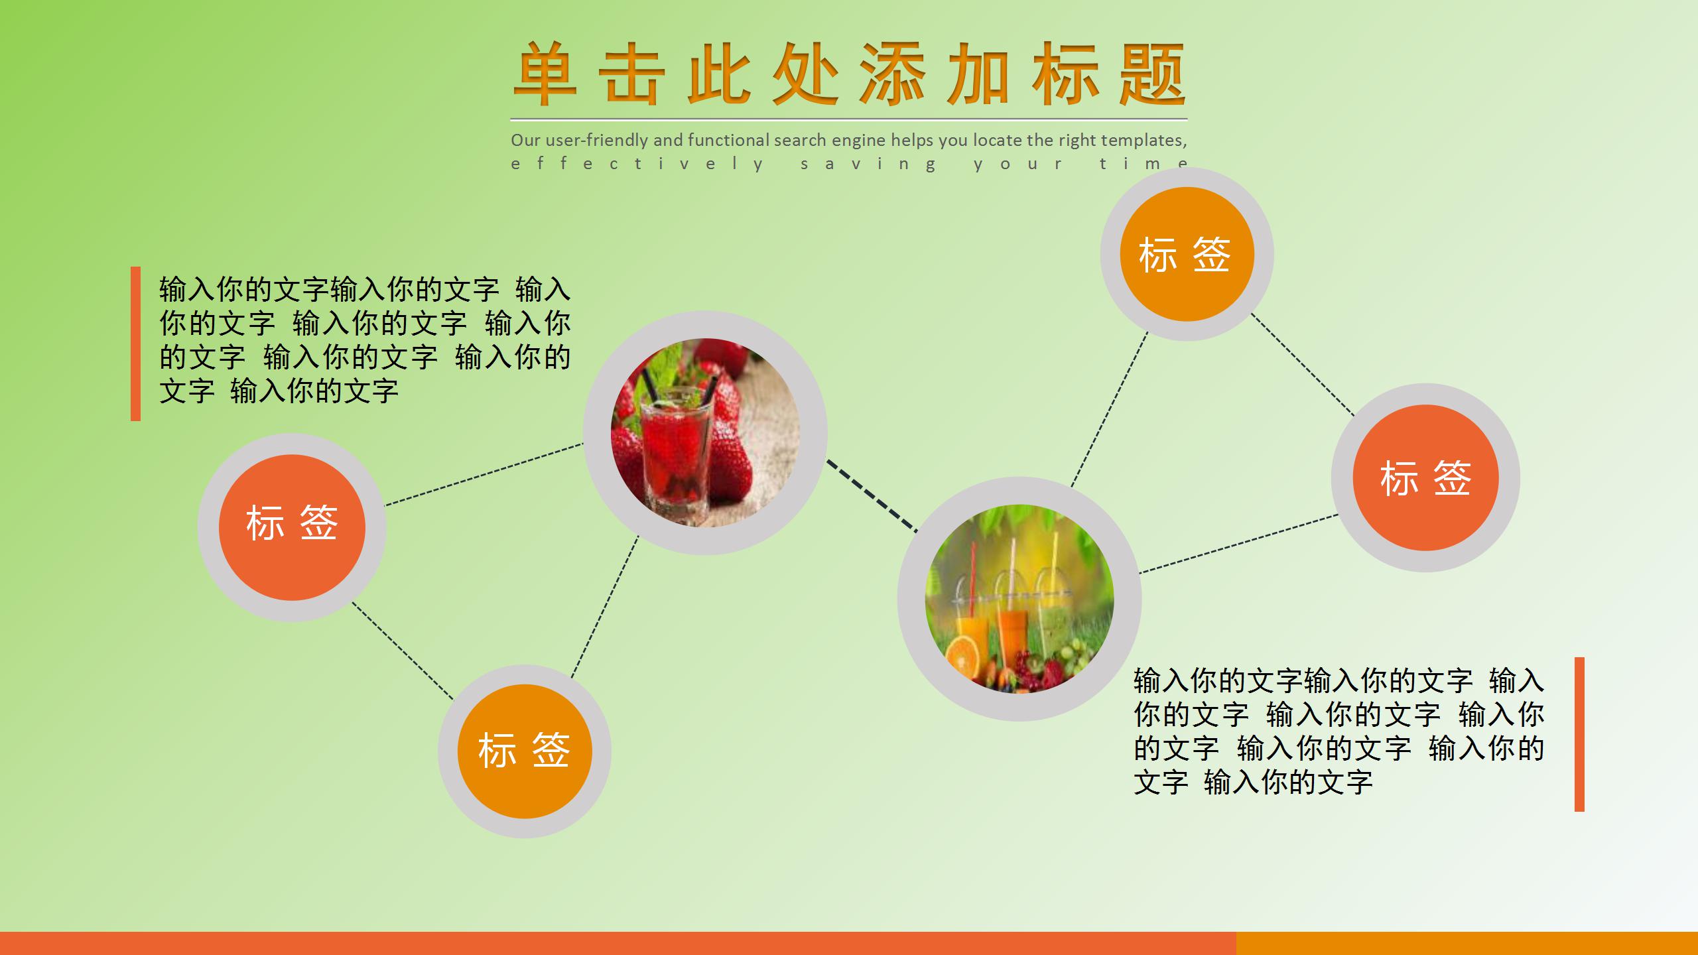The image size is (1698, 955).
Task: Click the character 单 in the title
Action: [x=545, y=74]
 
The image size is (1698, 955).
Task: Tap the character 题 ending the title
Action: [x=1152, y=74]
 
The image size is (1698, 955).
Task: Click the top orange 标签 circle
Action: [x=1187, y=254]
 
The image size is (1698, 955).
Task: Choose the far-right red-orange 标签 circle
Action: [x=1425, y=477]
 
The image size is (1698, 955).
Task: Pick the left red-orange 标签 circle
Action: [x=292, y=527]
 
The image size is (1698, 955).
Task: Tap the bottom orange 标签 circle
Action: [x=525, y=751]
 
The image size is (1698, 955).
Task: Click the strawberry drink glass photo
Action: [x=705, y=432]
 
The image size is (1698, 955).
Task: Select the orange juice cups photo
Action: [x=1019, y=599]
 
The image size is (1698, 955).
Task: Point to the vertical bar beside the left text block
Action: [x=136, y=344]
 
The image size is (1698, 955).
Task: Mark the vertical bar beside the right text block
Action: [x=1579, y=734]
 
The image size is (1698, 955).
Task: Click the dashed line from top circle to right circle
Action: [x=1303, y=365]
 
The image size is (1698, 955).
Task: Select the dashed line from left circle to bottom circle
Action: [x=403, y=651]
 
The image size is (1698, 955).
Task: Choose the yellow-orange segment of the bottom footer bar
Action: [x=1467, y=943]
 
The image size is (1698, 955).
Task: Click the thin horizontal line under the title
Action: [x=849, y=119]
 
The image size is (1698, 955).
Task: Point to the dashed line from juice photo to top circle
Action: [x=1110, y=409]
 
